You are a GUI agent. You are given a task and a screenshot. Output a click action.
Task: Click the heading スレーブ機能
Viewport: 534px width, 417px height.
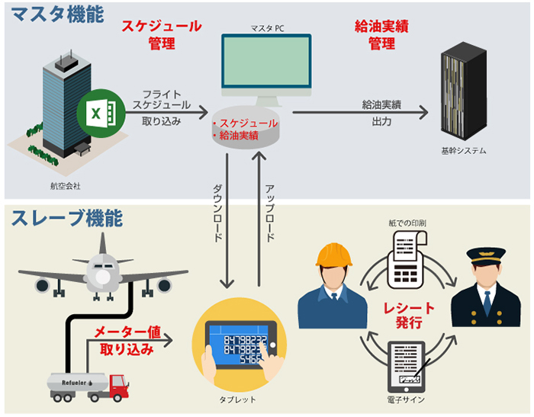tap(66, 218)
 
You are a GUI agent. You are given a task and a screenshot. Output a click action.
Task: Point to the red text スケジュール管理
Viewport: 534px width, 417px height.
tap(162, 34)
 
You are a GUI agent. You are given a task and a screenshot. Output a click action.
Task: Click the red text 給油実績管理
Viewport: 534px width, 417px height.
tap(381, 34)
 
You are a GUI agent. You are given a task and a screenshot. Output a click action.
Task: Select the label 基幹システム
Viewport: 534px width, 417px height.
tap(463, 151)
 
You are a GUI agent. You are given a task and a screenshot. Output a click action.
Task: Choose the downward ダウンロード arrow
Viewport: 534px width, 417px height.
tap(227, 221)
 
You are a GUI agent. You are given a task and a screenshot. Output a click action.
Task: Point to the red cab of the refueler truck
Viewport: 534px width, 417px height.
tap(117, 387)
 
